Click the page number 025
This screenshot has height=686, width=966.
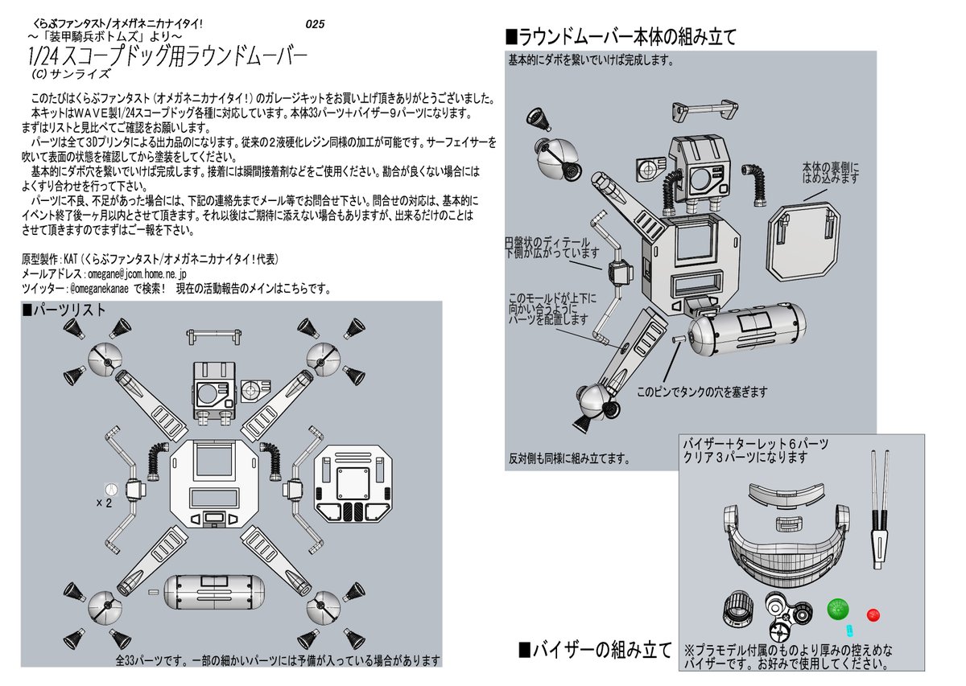coord(315,24)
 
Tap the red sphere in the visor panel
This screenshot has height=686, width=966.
coord(873,615)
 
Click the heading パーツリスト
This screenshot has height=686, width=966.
coord(64,310)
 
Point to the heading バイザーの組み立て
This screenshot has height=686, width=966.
coord(594,650)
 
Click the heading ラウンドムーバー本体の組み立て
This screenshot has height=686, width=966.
coord(620,36)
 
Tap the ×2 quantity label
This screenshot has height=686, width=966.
coord(103,503)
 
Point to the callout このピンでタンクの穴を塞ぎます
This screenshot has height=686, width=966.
coord(702,392)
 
